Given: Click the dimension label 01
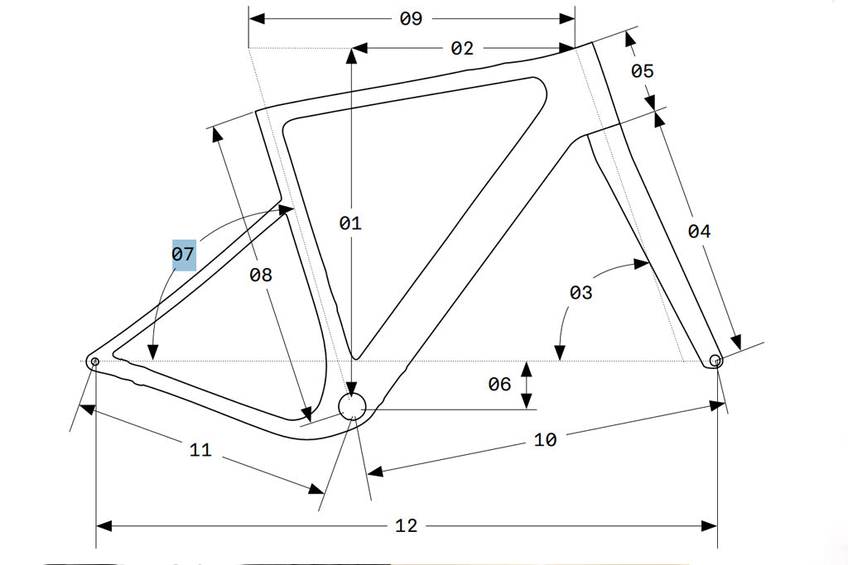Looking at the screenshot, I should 350,223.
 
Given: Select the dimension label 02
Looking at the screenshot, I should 462,49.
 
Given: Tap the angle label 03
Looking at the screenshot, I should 581,292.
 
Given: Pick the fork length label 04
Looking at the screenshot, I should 700,232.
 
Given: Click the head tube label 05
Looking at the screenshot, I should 643,71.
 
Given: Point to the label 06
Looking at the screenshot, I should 499,384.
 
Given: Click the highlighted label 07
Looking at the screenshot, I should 183,254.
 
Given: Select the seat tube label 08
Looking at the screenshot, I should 261,275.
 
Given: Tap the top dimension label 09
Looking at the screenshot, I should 412,19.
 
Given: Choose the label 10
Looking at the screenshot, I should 545,440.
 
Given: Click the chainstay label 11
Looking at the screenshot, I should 200,450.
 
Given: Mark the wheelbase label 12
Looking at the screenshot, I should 406,525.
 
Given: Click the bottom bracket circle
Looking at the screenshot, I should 352,406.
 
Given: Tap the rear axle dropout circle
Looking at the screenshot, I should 94,362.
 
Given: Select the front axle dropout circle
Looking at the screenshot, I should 716,361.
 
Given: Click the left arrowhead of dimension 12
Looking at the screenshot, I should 104,525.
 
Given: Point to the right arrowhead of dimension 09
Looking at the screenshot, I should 568,18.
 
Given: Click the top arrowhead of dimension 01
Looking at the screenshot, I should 352,55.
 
